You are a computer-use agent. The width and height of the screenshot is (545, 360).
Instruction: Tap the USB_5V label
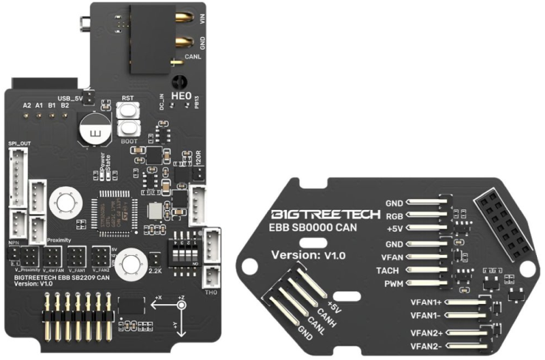click(x=72, y=97)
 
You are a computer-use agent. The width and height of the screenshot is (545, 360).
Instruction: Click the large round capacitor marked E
click(x=93, y=128)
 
